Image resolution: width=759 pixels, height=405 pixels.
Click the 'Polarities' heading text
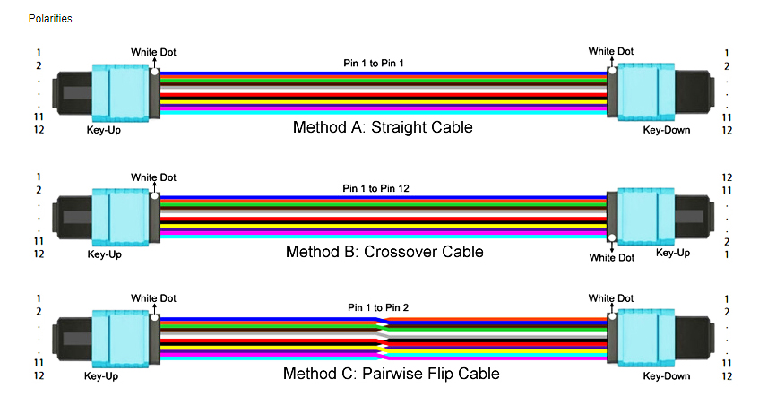pos(50,18)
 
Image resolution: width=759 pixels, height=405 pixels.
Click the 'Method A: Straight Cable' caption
pos(383,127)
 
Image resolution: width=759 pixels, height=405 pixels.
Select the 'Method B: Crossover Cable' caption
pos(384,252)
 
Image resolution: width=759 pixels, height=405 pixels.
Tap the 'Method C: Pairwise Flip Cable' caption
pos(392,374)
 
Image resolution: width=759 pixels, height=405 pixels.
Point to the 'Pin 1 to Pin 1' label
pos(374,64)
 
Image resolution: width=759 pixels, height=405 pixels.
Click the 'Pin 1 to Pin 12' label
pos(377,189)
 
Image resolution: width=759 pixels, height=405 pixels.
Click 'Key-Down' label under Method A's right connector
pos(667,131)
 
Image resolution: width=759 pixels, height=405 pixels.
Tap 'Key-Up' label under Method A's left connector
pos(103,131)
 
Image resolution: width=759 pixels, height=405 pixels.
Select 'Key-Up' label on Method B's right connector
pos(673,253)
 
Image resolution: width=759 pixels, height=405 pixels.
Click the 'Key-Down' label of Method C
pos(667,376)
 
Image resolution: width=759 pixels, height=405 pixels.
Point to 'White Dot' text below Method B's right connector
pos(611,258)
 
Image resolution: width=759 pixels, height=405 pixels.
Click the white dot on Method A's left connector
pos(155,71)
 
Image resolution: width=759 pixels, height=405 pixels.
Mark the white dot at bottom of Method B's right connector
pos(611,238)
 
